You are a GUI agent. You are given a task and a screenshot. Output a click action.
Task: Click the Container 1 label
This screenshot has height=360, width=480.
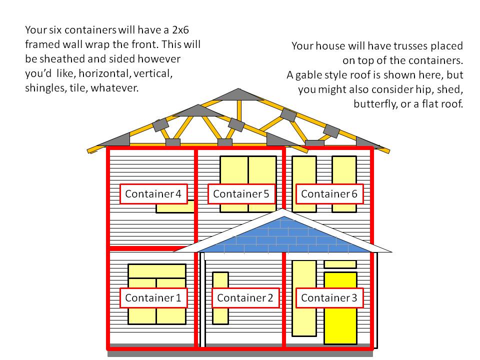pos(153,298)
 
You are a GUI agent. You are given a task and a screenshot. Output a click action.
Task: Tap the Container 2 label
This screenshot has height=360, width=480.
pos(245,298)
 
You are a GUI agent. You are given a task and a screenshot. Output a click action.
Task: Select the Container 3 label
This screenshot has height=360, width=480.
pos(329,298)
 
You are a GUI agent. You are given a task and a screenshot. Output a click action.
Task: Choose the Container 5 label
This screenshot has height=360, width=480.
pos(241,194)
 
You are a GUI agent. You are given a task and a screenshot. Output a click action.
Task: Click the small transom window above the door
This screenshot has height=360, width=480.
pos(340,264)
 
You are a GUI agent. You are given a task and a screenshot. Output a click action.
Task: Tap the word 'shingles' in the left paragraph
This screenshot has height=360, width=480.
pos(46,88)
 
